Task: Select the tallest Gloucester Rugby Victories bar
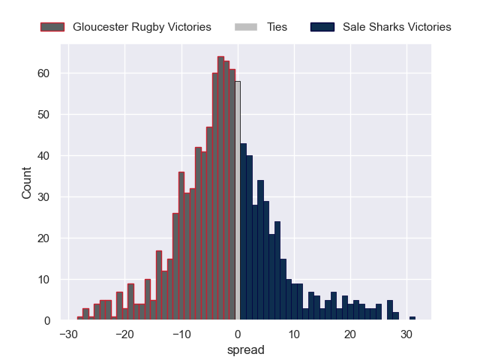click(220, 188)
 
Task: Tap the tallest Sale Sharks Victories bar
click(243, 232)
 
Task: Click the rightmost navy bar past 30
click(412, 319)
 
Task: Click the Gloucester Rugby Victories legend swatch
click(53, 27)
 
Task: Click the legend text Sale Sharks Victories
click(397, 27)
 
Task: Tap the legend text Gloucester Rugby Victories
click(142, 27)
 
